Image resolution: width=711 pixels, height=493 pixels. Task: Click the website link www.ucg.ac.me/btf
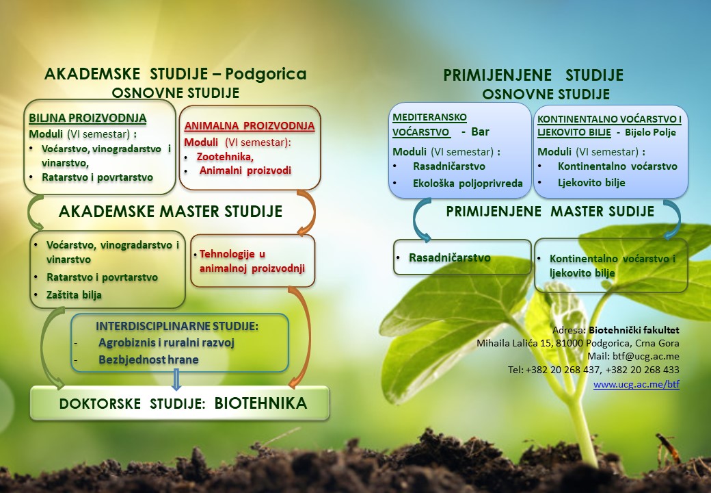click(636, 384)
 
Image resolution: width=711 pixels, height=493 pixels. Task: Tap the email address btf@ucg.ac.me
click(645, 356)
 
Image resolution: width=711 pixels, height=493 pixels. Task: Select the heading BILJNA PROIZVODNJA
click(88, 118)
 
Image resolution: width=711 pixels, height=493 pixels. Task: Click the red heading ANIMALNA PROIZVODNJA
click(250, 126)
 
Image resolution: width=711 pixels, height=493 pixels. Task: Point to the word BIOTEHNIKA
click(260, 403)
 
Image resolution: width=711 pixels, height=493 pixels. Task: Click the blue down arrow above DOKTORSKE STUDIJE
click(176, 379)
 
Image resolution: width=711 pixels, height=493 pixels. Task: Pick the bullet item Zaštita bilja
click(74, 295)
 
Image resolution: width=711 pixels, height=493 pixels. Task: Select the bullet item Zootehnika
click(225, 157)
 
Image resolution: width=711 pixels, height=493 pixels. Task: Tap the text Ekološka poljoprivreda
click(468, 184)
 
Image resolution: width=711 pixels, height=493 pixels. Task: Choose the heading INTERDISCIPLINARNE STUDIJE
click(177, 326)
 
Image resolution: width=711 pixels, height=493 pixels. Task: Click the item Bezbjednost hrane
click(149, 359)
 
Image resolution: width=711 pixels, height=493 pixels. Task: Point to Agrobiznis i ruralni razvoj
click(166, 343)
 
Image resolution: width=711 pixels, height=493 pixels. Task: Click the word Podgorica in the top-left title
click(266, 73)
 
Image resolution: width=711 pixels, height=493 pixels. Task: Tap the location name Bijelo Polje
click(650, 133)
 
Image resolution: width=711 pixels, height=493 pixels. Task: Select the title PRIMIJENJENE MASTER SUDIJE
click(550, 212)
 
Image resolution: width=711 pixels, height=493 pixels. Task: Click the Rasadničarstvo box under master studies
click(462, 257)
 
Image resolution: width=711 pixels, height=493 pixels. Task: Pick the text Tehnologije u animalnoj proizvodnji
click(252, 261)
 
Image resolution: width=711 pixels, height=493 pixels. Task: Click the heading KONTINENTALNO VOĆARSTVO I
click(609, 119)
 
